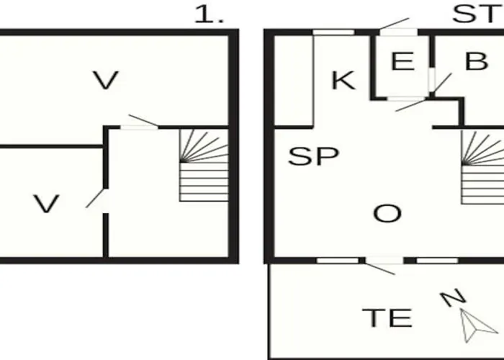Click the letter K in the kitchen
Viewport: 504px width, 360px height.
coord(343,81)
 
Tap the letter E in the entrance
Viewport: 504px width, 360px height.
coord(402,60)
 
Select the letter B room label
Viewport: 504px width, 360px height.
coord(477,60)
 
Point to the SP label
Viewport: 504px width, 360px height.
coord(313,156)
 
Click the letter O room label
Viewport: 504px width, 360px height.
coord(387,213)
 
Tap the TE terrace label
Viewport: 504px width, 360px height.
coord(387,318)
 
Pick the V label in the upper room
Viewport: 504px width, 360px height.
coord(106,80)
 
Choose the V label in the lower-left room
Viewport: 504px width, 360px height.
coord(46,204)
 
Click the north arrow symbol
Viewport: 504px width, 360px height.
coord(477,325)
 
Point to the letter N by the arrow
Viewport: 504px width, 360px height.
coord(453,297)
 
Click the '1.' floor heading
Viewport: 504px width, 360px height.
coord(209,14)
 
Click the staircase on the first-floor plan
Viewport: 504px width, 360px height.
coord(204,165)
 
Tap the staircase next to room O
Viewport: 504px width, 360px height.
coord(482,167)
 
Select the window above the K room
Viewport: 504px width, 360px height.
coord(333,32)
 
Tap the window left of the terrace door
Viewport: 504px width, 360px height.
coord(338,261)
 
